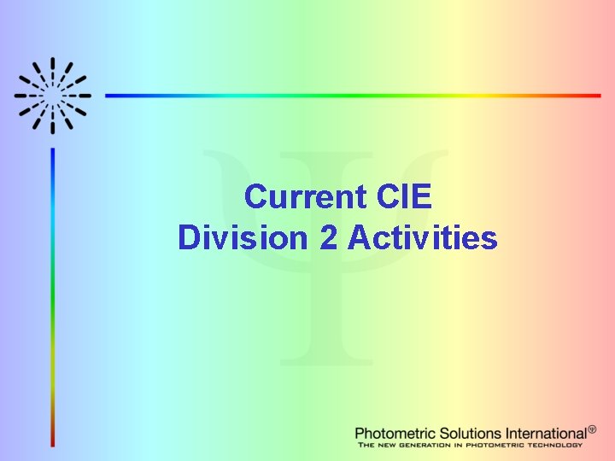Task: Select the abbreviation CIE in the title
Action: pyautogui.click(x=403, y=197)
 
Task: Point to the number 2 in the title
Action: pyautogui.click(x=328, y=237)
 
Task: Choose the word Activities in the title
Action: pyautogui.click(x=422, y=237)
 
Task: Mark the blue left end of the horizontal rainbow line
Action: pyautogui.click(x=109, y=96)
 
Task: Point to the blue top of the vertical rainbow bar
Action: pyautogui.click(x=53, y=154)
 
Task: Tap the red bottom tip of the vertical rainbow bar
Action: pyautogui.click(x=53, y=443)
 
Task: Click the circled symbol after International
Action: pyautogui.click(x=592, y=429)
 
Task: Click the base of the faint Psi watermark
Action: pyautogui.click(x=325, y=360)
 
